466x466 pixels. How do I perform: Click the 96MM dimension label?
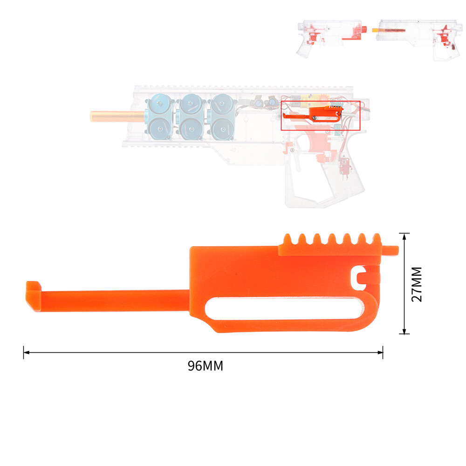click(206, 366)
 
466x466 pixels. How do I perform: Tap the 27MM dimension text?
click(417, 284)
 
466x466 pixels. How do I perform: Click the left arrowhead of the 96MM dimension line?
click(26, 352)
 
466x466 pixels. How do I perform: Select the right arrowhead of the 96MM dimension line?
click(380, 352)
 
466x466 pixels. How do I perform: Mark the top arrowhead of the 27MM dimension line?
click(404, 236)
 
